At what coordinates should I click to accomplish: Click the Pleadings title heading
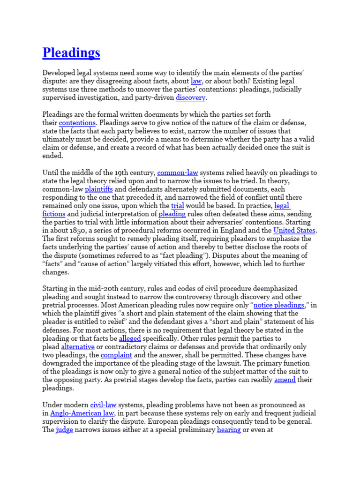click(71, 52)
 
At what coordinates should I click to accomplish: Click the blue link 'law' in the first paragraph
click(196, 81)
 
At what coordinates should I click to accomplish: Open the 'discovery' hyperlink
click(190, 97)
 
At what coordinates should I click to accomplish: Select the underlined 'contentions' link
click(77, 123)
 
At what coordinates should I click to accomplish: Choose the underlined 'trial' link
click(177, 205)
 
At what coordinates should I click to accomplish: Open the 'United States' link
click(295, 230)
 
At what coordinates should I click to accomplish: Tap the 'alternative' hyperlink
click(78, 346)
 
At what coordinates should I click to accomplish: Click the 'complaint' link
click(116, 355)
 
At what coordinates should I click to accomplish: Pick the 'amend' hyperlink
click(285, 380)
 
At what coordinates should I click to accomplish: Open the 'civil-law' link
click(103, 405)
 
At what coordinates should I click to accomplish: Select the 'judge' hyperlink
click(64, 429)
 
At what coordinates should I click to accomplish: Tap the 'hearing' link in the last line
click(229, 429)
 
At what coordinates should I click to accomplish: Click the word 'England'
click(244, 230)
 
